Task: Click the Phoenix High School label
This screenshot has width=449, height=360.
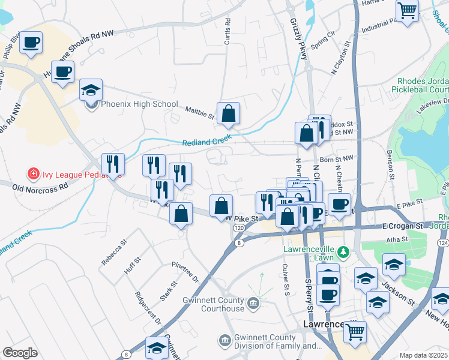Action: (x=139, y=104)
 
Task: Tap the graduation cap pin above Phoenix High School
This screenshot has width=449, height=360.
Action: (x=91, y=91)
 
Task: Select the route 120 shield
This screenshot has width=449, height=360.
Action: (x=239, y=229)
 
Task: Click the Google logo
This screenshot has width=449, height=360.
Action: (x=20, y=353)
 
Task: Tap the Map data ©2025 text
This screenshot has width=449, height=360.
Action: (x=423, y=355)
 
